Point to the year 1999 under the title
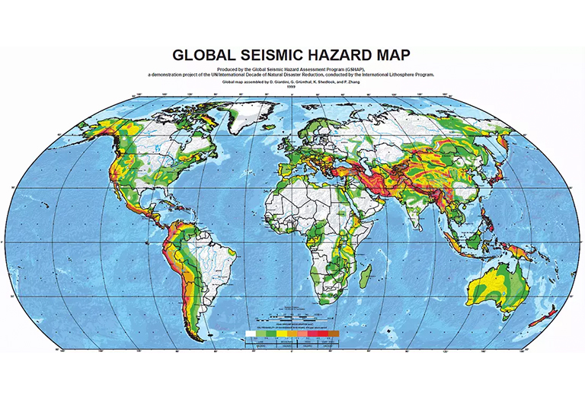(292, 87)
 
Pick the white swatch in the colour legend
(250, 334)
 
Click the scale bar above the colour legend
(292, 316)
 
